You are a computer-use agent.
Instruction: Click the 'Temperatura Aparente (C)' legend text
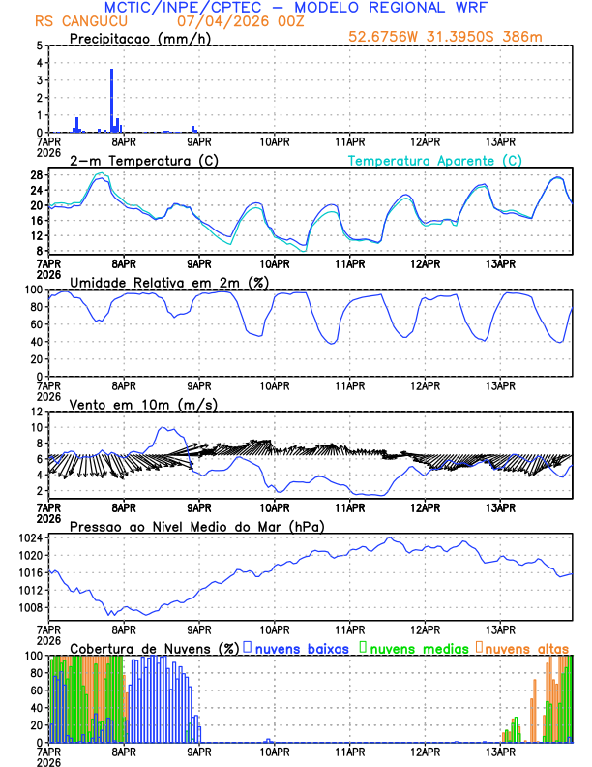point(434,160)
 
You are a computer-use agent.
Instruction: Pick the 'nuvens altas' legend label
point(527,647)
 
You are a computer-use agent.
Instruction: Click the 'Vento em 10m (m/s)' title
point(130,404)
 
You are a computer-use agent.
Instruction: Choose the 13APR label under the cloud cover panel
point(500,751)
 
